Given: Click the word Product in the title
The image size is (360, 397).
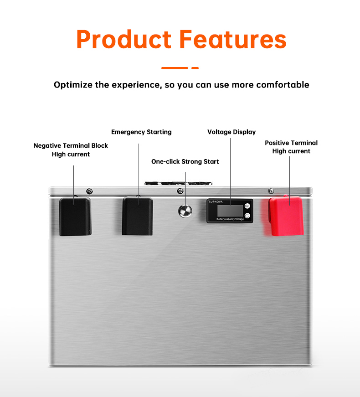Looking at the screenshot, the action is (124, 39).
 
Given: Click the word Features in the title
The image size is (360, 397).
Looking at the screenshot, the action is (233, 39).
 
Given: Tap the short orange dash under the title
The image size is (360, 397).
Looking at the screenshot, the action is (195, 68).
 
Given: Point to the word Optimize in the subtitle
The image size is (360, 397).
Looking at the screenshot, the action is (73, 85).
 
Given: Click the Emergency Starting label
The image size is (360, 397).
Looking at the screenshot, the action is (141, 132).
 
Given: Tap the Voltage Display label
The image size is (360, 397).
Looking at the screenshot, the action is (231, 132).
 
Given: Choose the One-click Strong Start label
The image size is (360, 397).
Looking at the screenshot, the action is (185, 161).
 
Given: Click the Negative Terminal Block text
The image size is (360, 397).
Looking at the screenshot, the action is (71, 145).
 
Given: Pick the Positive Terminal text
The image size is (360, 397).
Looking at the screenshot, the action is (291, 143).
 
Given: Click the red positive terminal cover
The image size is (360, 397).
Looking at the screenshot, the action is (286, 216).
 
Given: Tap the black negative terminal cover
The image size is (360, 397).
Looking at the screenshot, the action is (75, 217).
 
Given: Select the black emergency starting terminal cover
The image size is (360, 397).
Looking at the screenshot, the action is (138, 216).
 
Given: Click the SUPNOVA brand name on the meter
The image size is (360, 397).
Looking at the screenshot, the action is (216, 202).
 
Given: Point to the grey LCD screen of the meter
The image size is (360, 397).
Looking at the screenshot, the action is (230, 211).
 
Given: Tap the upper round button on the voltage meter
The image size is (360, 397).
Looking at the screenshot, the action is (247, 206).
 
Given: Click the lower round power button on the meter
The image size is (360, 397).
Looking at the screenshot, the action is (247, 216).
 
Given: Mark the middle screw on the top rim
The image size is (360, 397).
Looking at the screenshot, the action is (180, 191).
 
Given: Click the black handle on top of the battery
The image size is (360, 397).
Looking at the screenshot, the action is (178, 183).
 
